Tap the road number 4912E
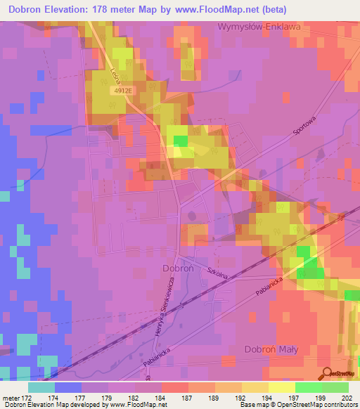coord(122,91)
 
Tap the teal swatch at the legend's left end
coord(41,387)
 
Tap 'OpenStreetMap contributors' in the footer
coord(319,405)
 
